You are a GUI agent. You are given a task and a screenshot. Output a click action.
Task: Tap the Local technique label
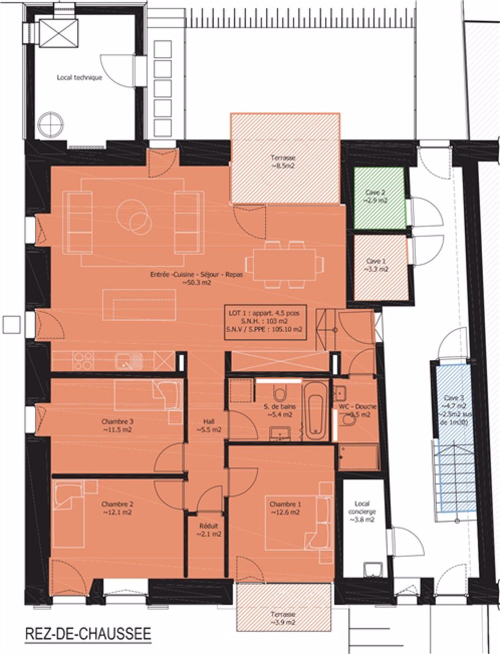79,78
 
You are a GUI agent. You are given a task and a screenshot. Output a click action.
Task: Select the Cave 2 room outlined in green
378,197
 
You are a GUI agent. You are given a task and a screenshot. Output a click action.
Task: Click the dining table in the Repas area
282,265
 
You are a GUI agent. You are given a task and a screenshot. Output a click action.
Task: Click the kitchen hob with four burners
83,360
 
